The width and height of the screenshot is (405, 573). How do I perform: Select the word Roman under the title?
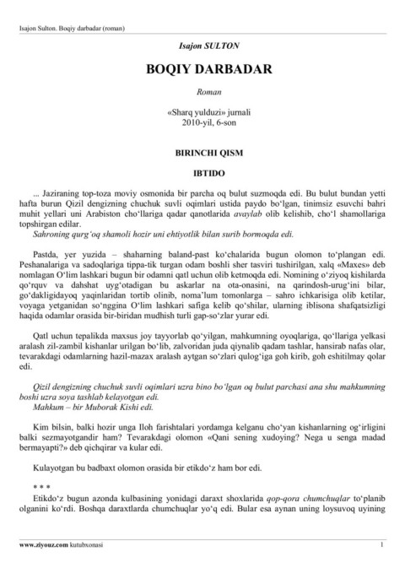coord(202,90)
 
